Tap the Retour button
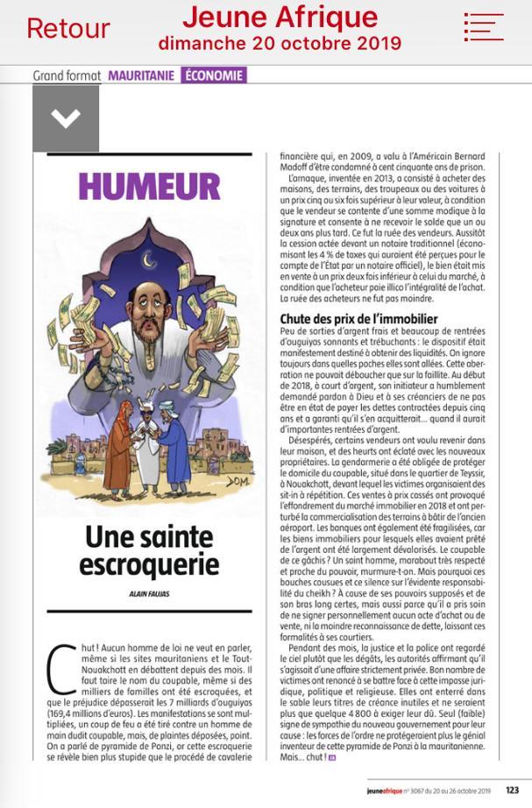67,28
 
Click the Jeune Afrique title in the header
280,18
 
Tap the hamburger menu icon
484,26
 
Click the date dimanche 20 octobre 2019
280,43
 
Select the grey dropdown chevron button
66,118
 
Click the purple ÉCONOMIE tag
214,75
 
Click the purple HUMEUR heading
148,187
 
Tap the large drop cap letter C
59,672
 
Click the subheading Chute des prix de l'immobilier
358,319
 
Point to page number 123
512,790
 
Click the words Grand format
67,76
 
